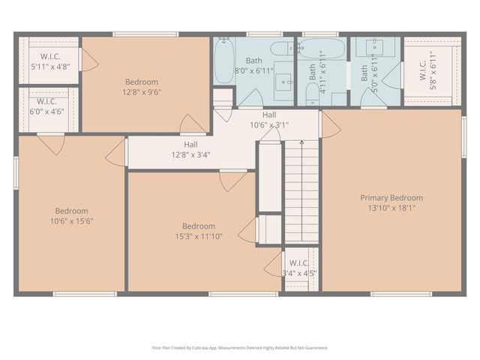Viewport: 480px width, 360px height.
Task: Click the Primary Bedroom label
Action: click(x=391, y=198)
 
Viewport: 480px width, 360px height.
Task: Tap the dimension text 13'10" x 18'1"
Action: click(x=391, y=208)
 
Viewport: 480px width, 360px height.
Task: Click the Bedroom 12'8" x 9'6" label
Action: click(x=141, y=87)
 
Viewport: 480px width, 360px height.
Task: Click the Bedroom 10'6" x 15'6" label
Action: click(x=71, y=215)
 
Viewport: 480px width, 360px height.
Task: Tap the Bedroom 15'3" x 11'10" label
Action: click(x=199, y=231)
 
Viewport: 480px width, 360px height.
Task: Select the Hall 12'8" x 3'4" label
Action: click(x=190, y=149)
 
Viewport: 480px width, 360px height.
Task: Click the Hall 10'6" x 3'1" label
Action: click(x=268, y=120)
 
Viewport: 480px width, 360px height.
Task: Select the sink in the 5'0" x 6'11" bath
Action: click(x=376, y=47)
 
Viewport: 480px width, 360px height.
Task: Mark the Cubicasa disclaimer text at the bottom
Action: click(x=240, y=347)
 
